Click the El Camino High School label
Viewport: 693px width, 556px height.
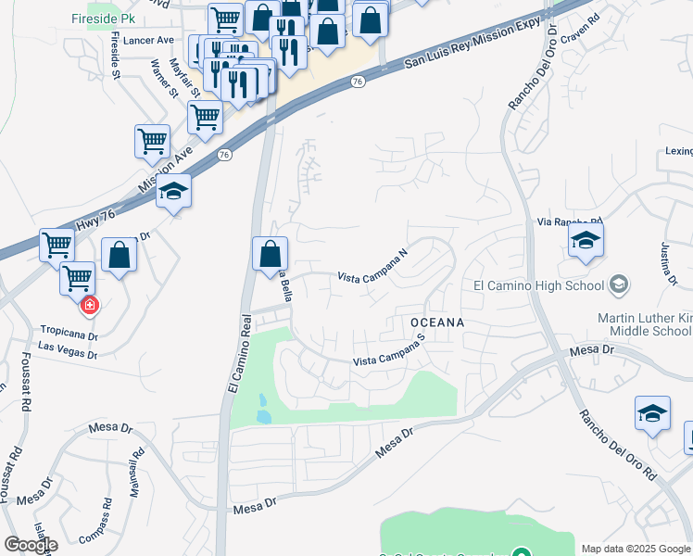point(538,285)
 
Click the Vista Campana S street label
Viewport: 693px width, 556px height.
point(387,351)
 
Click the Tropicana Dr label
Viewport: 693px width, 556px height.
point(69,330)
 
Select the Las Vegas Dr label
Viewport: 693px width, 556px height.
point(67,349)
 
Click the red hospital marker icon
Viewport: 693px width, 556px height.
point(90,304)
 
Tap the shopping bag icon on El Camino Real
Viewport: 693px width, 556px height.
point(270,253)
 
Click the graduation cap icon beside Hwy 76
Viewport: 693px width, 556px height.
point(173,191)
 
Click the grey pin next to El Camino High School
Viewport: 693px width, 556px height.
point(621,284)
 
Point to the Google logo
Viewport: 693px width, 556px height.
point(31,545)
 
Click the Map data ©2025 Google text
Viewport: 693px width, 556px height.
point(636,549)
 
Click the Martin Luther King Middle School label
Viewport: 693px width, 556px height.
point(645,324)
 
